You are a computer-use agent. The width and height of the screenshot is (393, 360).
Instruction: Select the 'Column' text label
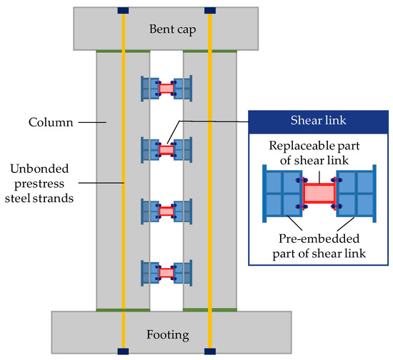[x=52, y=122]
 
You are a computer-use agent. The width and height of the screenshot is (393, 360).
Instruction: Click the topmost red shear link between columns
[x=166, y=89]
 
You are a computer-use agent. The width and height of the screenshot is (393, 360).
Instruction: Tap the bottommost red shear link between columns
[x=166, y=273]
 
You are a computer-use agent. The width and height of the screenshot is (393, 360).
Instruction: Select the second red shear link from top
[x=166, y=150]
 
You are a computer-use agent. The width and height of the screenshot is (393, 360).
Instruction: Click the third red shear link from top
[x=166, y=211]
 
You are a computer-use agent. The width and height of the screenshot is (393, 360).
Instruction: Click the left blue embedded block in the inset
[x=284, y=194]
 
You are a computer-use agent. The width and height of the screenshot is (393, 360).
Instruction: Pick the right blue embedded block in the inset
[x=355, y=194]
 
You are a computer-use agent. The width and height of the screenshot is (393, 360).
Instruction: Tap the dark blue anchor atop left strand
[x=123, y=11]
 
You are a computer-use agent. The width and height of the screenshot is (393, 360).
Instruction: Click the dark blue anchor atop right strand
[x=209, y=11]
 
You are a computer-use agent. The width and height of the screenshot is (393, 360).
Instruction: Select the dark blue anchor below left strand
[x=123, y=351]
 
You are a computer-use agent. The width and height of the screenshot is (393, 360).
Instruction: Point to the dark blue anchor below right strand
[x=209, y=351]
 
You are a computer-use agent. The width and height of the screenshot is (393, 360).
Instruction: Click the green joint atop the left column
[x=123, y=51]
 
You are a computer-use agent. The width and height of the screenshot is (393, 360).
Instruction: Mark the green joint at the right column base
[x=209, y=309]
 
